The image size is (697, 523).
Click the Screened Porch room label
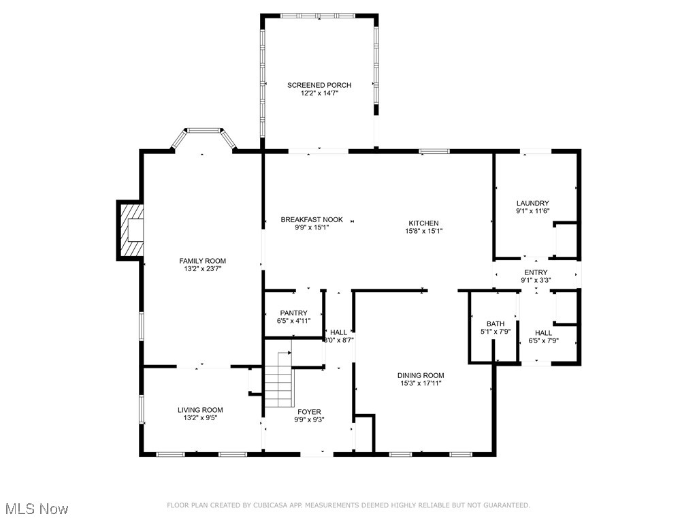[319, 85]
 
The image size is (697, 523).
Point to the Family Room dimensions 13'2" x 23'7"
[202, 269]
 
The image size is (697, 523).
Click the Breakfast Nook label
[312, 220]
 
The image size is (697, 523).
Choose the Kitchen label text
[423, 223]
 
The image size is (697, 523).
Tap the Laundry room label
[532, 203]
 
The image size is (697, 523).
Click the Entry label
[535, 272]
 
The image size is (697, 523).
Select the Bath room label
[495, 323]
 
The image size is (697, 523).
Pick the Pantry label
[293, 313]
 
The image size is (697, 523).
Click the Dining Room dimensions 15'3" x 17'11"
[421, 383]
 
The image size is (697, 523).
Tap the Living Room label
[200, 410]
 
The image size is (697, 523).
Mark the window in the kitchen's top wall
[434, 150]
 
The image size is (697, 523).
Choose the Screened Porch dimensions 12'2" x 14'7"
[319, 93]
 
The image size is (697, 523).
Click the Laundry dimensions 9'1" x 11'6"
[532, 211]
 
